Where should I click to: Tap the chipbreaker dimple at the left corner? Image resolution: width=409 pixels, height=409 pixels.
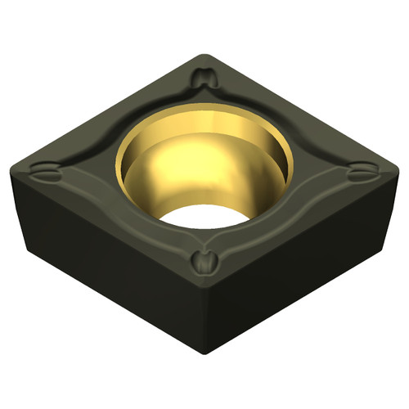[x=44, y=173]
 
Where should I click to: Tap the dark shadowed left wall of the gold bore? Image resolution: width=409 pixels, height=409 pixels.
[x=136, y=172]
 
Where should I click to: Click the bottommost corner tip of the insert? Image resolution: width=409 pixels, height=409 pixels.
[x=203, y=353]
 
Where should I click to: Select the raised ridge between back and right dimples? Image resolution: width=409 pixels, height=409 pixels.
[x=282, y=123]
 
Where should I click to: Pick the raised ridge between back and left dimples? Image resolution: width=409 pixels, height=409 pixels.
[x=123, y=123]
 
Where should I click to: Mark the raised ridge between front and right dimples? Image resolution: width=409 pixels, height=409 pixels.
[x=282, y=219]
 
